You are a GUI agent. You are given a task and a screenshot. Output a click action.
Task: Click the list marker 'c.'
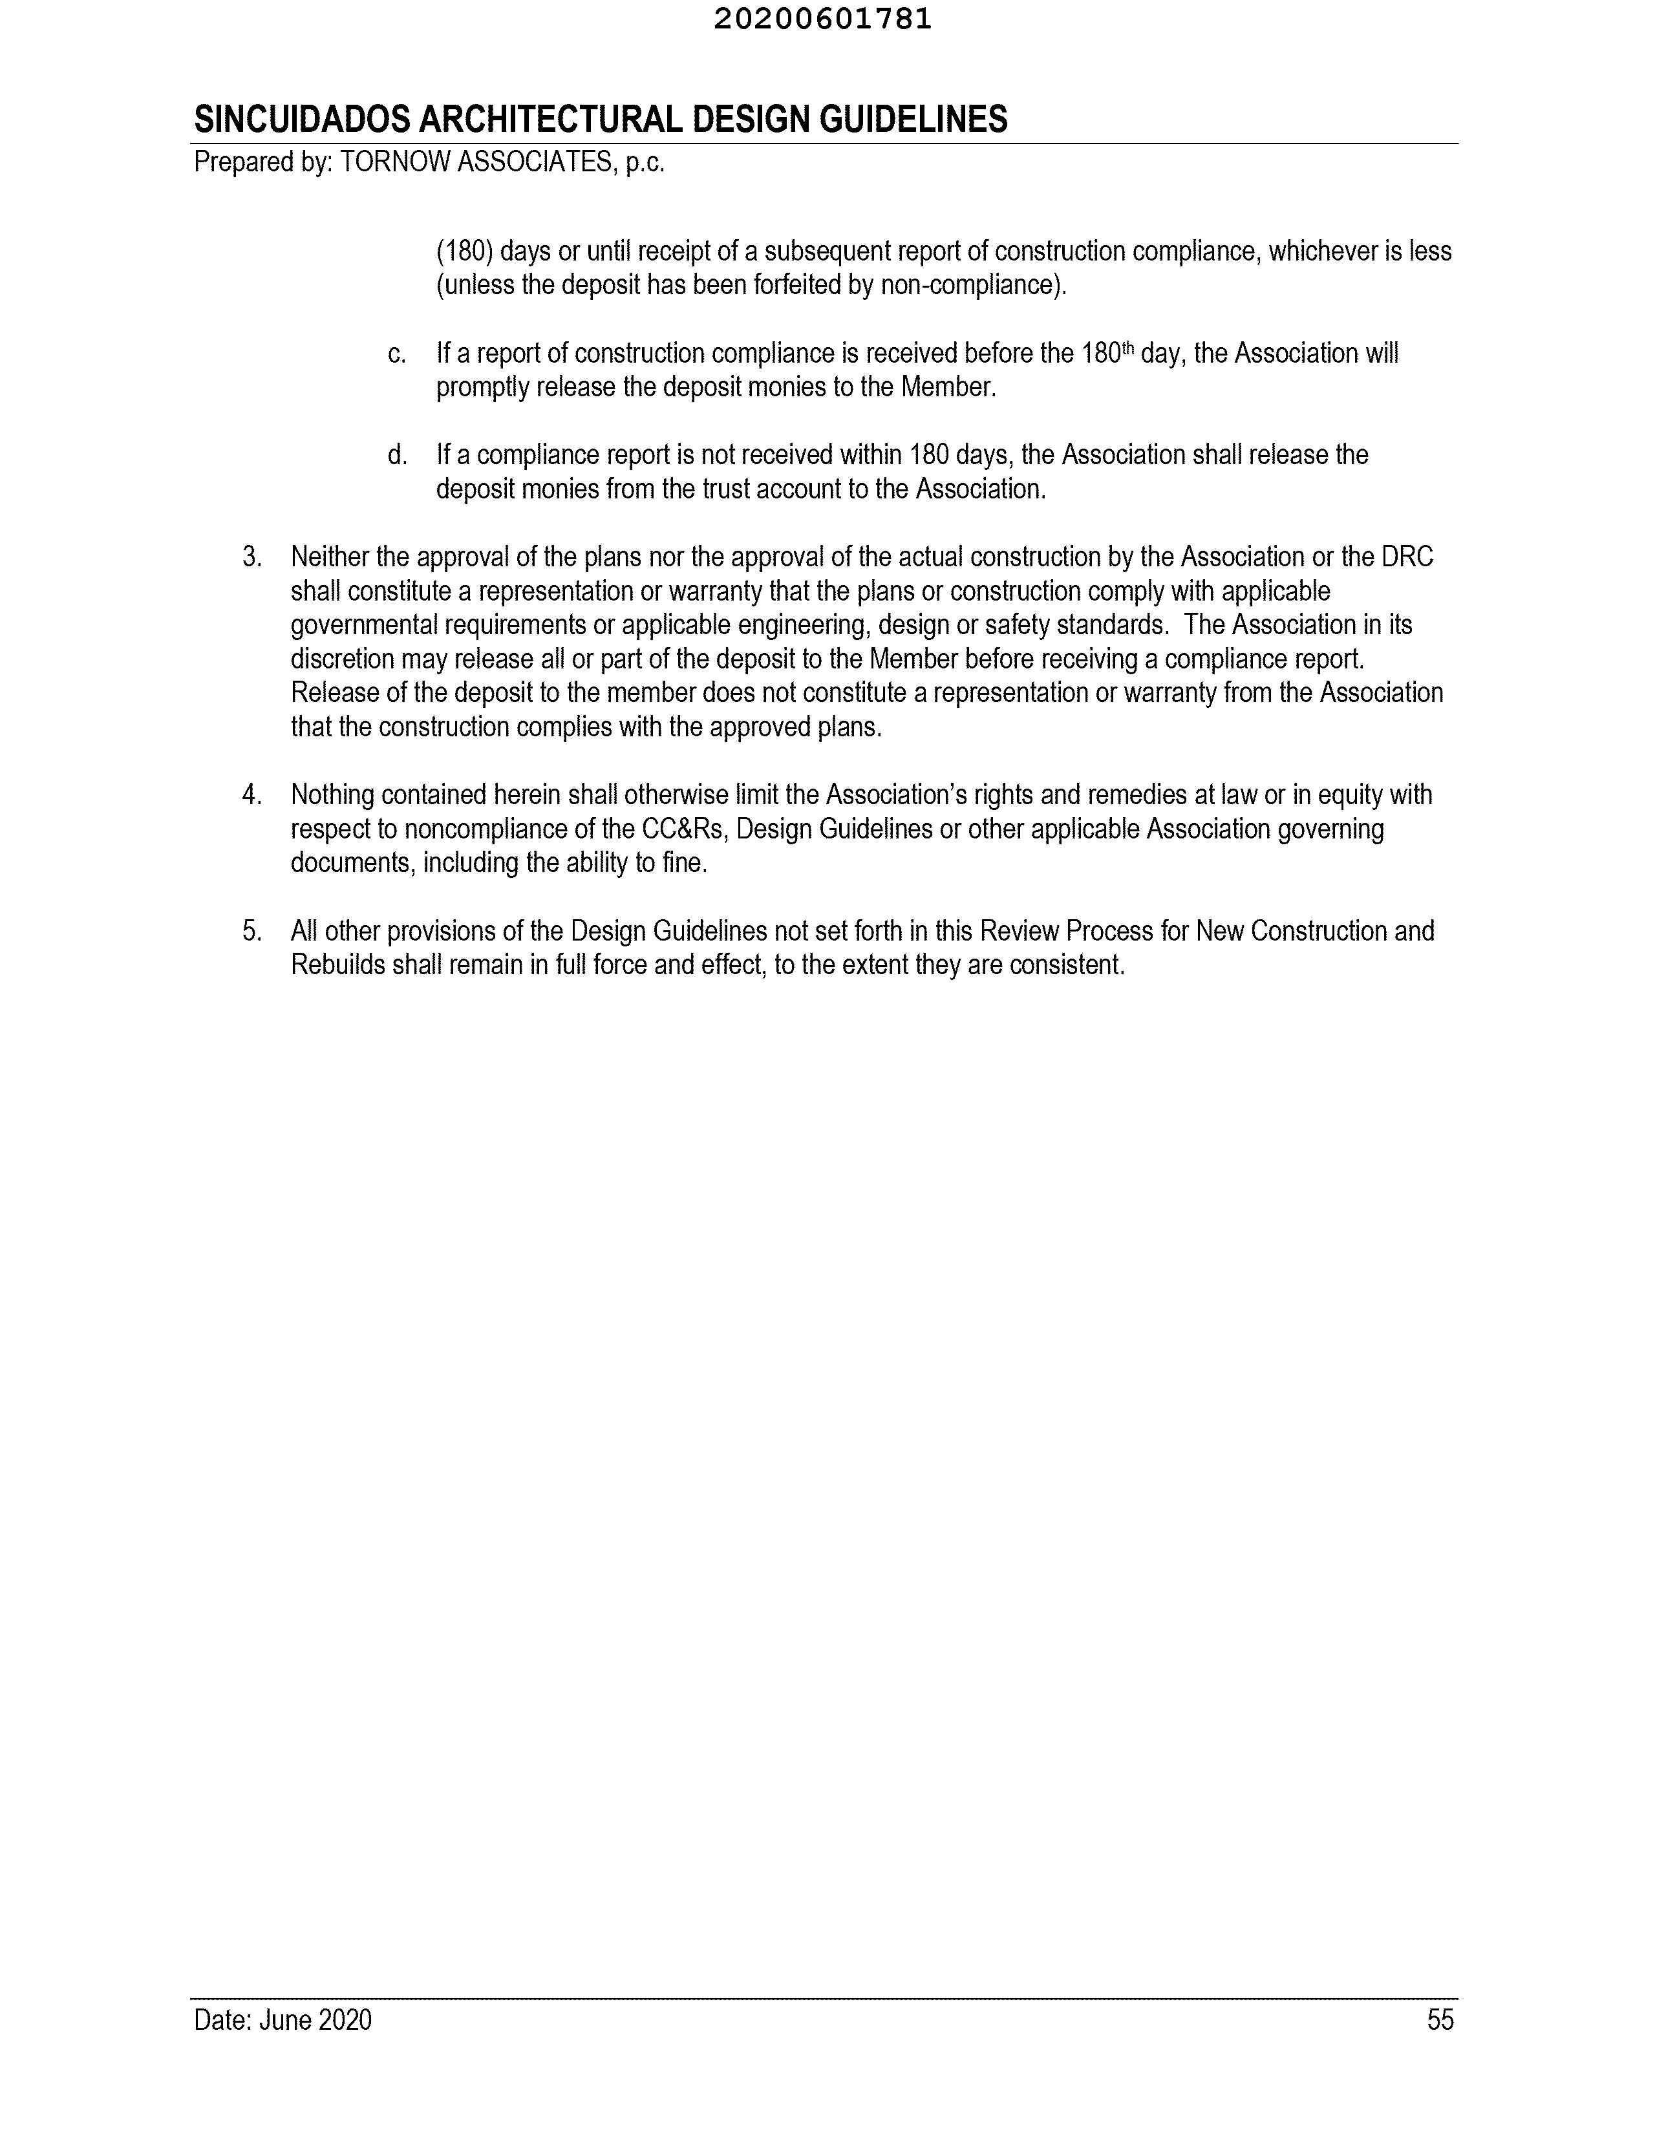(x=397, y=354)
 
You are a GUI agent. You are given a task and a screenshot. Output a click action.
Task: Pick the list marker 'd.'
(x=397, y=455)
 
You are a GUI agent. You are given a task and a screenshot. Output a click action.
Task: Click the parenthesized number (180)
(x=464, y=252)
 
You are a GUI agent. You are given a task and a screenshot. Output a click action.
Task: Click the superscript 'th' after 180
(x=1127, y=347)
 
